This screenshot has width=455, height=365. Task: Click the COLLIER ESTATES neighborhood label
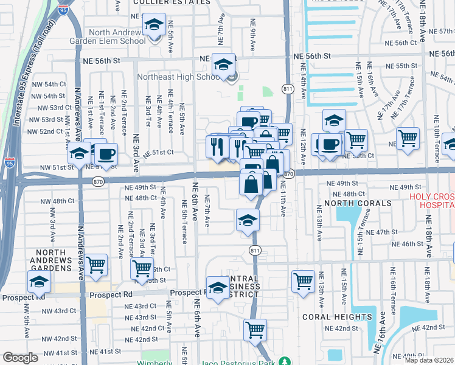tap(167, 2)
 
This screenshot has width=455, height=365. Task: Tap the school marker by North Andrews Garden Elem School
tap(154, 26)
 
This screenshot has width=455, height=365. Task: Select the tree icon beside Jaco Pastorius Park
tap(282, 361)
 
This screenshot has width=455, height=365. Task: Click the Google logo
tap(20, 358)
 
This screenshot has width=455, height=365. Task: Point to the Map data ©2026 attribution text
tap(428, 360)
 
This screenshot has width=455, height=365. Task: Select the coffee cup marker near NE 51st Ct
tap(106, 153)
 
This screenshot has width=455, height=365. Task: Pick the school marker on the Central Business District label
tap(218, 287)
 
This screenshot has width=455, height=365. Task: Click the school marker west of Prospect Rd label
tap(38, 282)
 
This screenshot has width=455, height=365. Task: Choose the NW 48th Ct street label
tap(58, 201)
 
